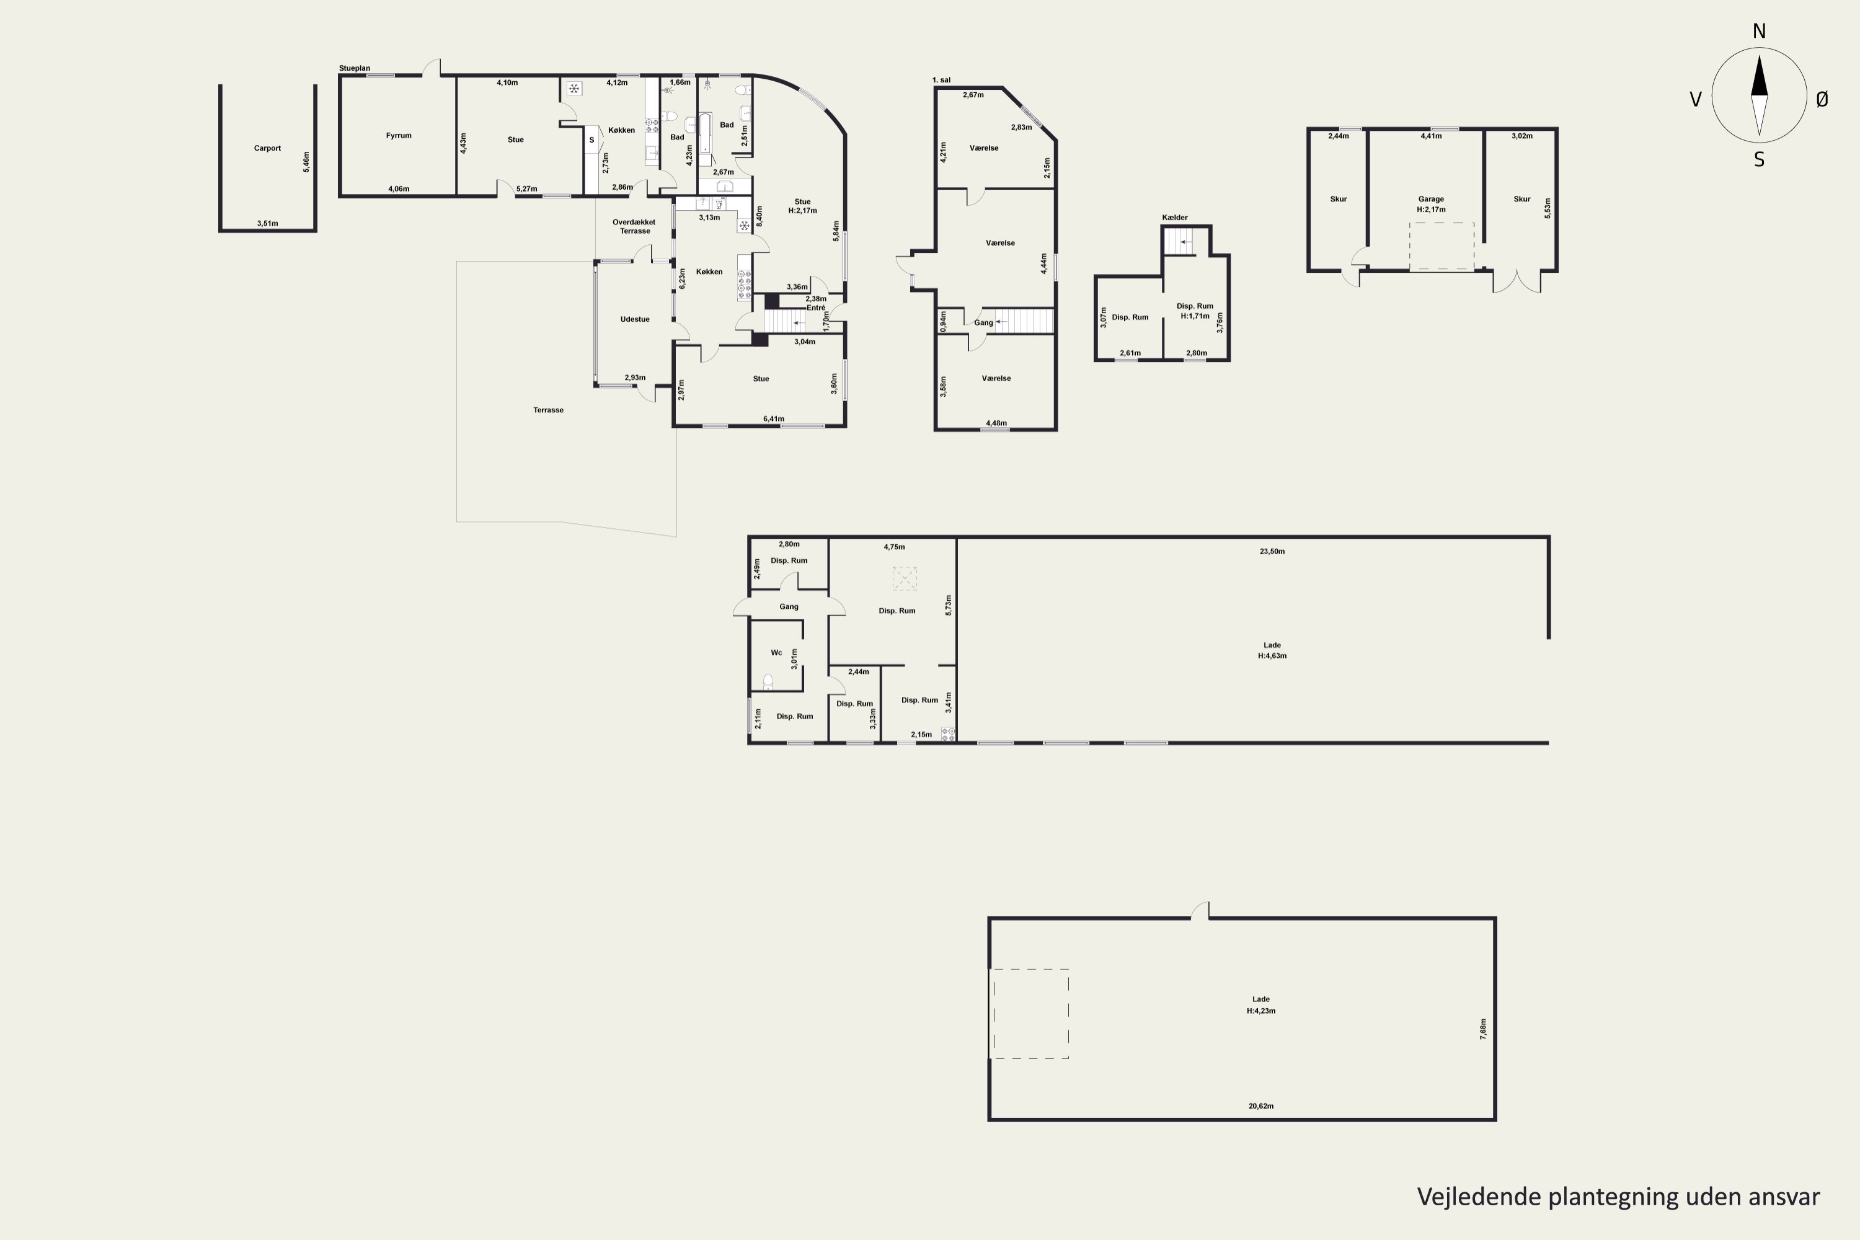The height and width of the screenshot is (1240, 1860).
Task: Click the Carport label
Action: (267, 148)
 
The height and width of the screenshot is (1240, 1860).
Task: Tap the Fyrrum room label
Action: (399, 135)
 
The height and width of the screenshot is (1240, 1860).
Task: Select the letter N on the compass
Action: (1759, 31)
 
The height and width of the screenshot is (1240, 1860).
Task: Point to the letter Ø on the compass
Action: (1822, 99)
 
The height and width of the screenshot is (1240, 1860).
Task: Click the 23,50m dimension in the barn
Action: (1272, 551)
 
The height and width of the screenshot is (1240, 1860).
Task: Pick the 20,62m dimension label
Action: (1260, 1105)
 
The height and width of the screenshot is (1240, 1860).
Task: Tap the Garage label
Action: (1430, 199)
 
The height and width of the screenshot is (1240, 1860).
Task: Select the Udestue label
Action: (634, 319)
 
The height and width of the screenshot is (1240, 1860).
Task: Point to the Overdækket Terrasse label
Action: (634, 226)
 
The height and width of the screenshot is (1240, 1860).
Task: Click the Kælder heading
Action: (1174, 218)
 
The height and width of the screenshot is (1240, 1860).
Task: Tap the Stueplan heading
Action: (354, 69)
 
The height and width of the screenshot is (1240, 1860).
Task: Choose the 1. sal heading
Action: (941, 80)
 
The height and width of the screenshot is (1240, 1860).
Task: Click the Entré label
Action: (815, 308)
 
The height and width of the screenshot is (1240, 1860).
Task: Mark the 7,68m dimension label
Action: (1483, 1028)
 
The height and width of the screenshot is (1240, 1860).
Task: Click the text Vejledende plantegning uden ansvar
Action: (1618, 1197)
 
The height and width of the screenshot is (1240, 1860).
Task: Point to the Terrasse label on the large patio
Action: (548, 410)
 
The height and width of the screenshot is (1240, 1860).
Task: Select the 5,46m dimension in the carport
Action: (306, 162)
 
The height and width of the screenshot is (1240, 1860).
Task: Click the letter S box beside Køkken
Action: (591, 141)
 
